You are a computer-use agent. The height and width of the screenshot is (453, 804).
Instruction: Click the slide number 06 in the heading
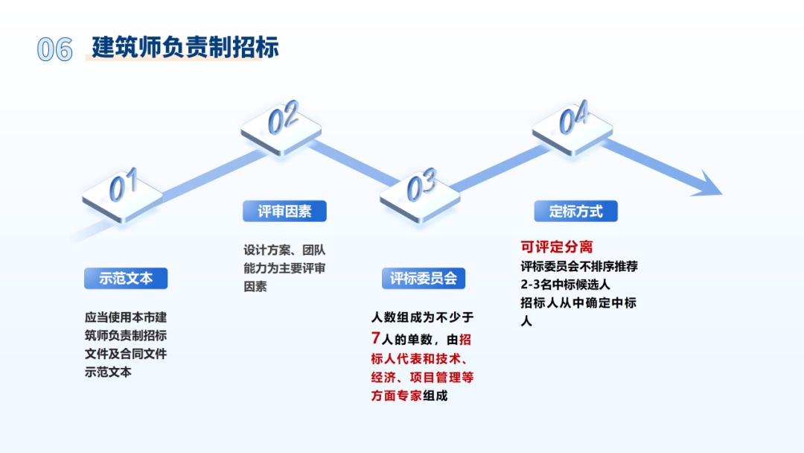[55, 50]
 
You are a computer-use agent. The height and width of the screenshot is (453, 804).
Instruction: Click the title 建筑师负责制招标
[185, 47]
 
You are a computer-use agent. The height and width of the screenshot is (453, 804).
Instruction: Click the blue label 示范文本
[126, 278]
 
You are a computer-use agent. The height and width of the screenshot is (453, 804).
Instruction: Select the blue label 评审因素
[284, 211]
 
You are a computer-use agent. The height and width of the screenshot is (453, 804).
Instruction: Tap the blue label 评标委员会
[424, 278]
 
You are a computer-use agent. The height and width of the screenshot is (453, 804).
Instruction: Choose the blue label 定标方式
[575, 211]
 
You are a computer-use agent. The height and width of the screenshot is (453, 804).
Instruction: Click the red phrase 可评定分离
[557, 247]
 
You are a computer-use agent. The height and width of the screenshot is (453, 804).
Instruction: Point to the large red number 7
[375, 338]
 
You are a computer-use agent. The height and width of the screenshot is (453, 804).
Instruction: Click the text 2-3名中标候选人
[565, 284]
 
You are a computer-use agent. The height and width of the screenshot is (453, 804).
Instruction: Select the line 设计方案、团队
[284, 250]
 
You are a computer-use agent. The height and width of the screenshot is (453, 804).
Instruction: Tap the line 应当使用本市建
[126, 317]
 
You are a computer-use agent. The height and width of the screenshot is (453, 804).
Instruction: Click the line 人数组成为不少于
[423, 317]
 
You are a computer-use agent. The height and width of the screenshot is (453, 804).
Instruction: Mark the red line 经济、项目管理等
[423, 377]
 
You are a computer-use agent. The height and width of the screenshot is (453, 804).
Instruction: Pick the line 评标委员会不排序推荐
[579, 266]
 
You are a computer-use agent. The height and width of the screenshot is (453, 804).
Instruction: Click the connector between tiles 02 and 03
[353, 163]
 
